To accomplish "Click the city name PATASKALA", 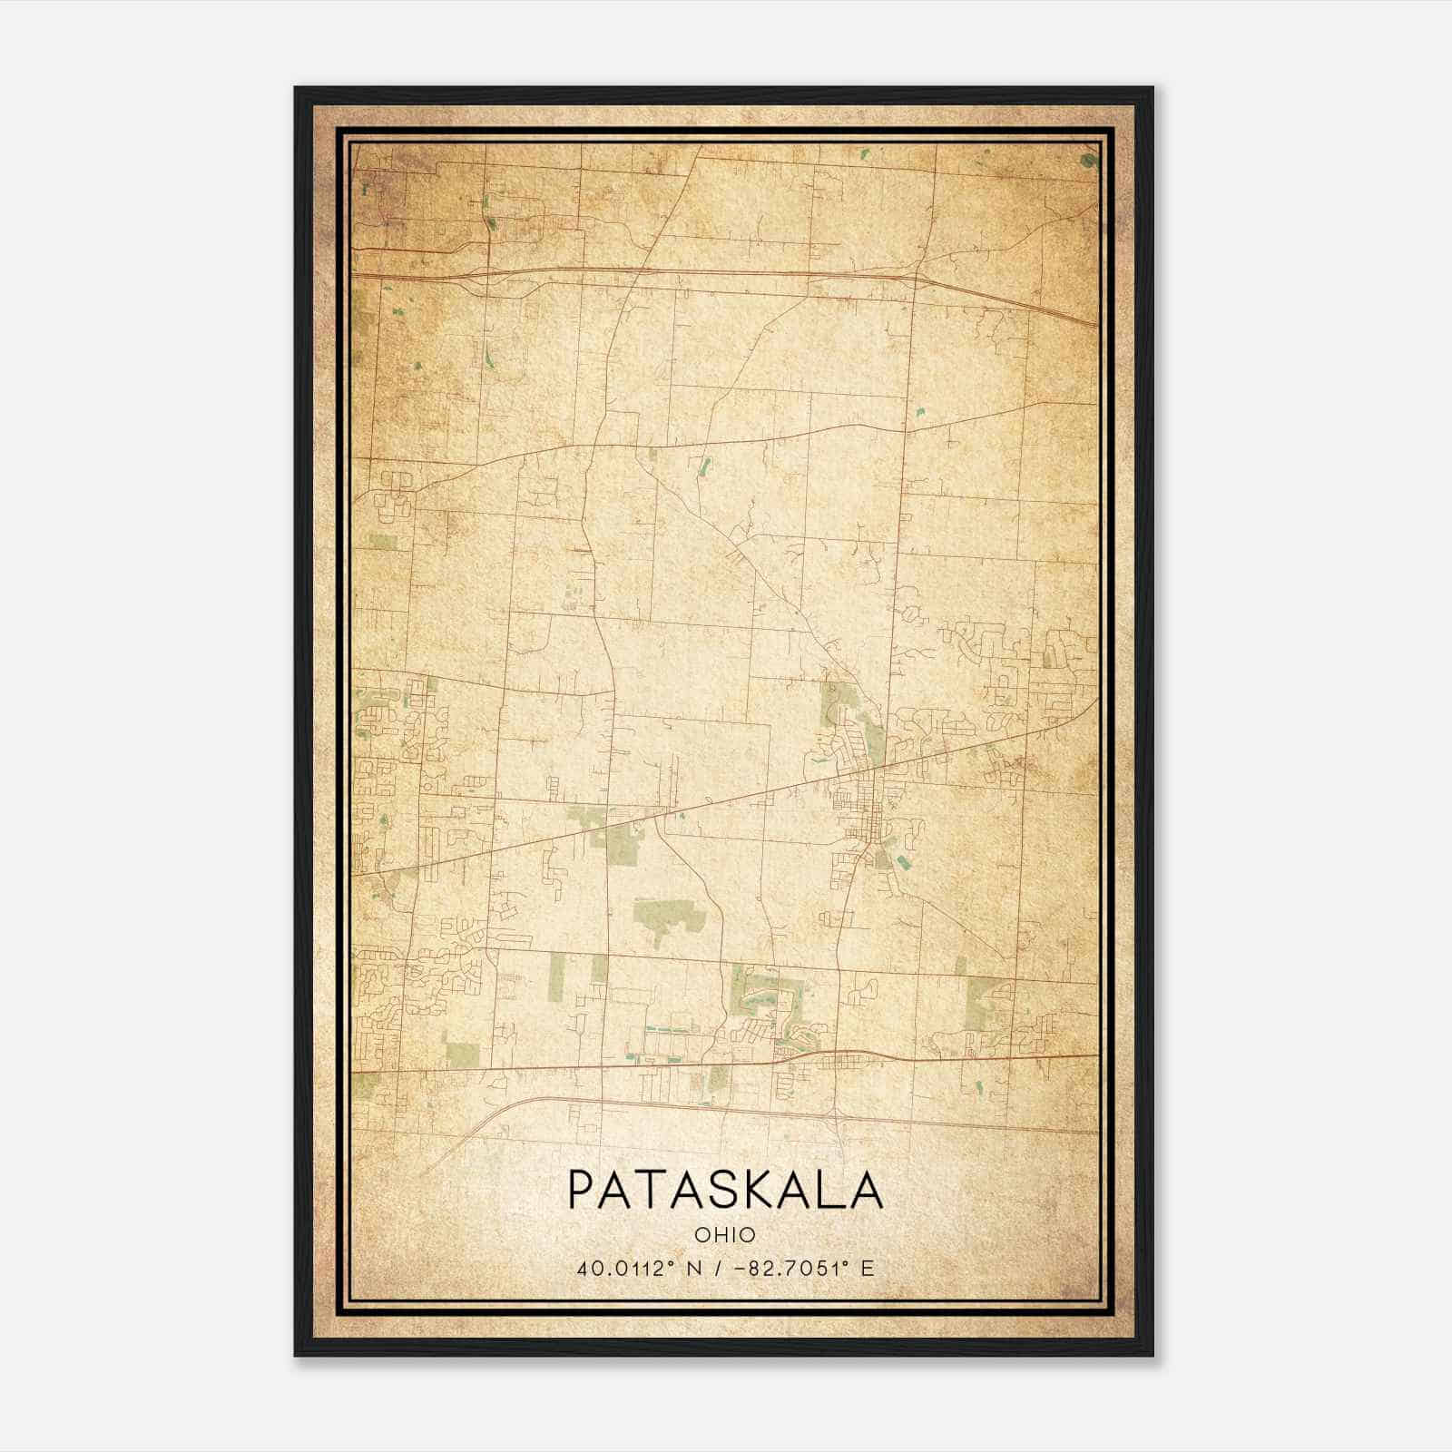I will (725, 1190).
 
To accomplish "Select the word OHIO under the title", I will (725, 1235).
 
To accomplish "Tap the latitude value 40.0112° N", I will (639, 1268).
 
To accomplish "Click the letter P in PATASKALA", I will (584, 1190).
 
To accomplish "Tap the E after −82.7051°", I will (868, 1268).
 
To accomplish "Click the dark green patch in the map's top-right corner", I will (1089, 161).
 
